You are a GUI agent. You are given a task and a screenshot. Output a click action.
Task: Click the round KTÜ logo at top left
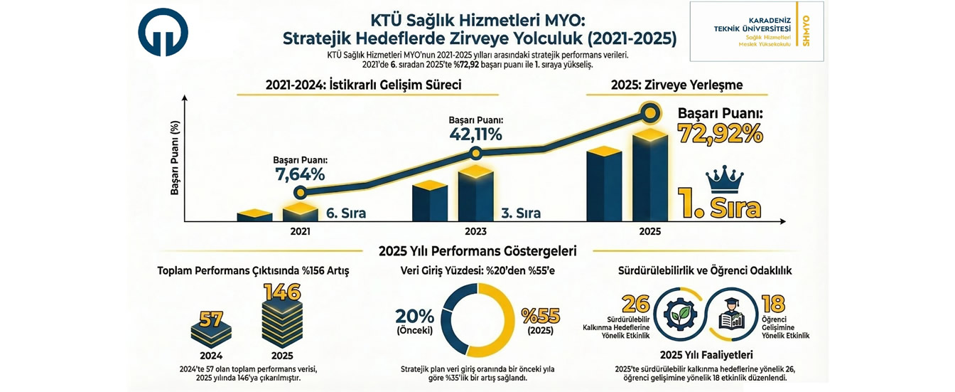(x=163, y=33)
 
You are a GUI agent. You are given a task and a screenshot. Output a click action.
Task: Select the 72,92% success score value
(x=720, y=133)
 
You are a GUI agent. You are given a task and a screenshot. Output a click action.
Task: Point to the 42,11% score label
(x=475, y=134)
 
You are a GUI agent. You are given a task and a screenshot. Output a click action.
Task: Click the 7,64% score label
(x=299, y=174)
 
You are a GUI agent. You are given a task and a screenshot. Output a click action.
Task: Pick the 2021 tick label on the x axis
(x=300, y=231)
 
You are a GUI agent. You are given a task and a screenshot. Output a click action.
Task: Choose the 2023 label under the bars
(x=475, y=231)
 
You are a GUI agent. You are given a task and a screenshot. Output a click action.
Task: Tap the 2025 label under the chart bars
(x=649, y=231)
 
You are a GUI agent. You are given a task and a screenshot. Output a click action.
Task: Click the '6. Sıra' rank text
(x=345, y=213)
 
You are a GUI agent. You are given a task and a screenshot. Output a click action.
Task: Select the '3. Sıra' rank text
(x=520, y=213)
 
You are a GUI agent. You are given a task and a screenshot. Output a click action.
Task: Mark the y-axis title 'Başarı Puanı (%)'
(x=175, y=158)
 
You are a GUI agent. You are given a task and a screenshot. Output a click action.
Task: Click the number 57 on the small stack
(x=211, y=319)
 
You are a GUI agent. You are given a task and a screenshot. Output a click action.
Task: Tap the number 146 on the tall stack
(x=283, y=292)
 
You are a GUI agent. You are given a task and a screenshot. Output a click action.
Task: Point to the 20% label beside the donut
(x=414, y=316)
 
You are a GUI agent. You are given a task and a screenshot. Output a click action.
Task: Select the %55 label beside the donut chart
(x=541, y=316)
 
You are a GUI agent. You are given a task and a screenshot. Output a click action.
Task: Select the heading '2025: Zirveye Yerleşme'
(x=676, y=85)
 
